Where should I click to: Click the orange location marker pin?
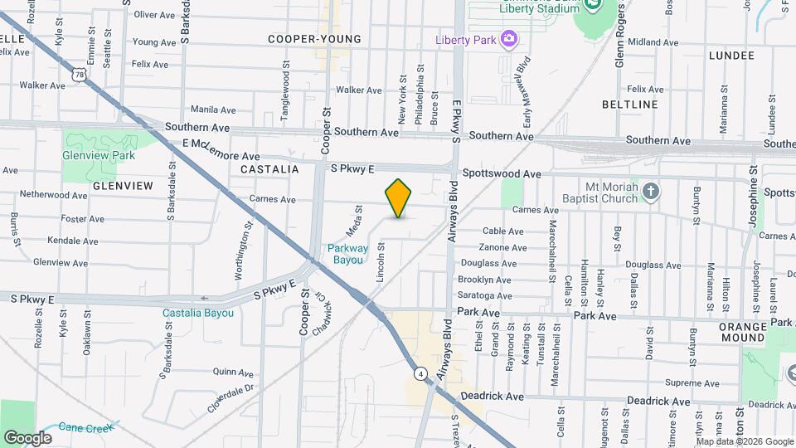[399, 197]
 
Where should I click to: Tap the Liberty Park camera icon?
[509, 39]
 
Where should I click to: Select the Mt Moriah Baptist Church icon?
[652, 192]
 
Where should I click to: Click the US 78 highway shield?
[80, 75]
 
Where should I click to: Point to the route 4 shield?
[422, 374]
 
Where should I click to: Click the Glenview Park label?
[99, 155]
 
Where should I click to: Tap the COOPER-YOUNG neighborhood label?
[314, 39]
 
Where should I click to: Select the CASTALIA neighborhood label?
[269, 168]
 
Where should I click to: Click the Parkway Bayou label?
[345, 253]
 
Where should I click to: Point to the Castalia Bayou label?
[199, 313]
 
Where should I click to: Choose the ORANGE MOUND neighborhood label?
[743, 332]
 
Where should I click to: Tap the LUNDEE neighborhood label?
[732, 56]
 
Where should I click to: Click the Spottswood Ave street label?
[501, 174]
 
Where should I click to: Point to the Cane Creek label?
[85, 428]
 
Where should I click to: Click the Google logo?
[27, 437]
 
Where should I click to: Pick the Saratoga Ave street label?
[485, 295]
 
